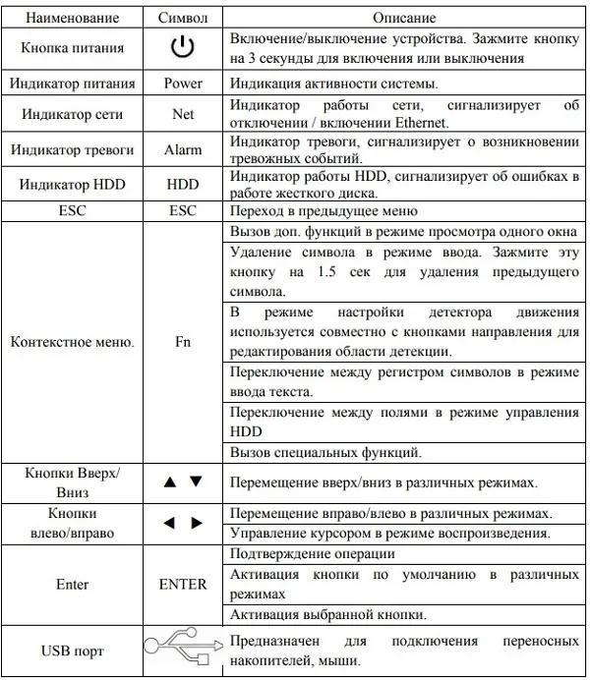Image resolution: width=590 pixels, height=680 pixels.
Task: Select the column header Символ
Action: pos(182,18)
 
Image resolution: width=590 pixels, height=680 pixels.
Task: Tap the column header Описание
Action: pos(405,18)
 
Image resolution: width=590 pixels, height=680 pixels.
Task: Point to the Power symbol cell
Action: pos(183,84)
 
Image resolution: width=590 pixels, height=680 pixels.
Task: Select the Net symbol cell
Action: pos(183,114)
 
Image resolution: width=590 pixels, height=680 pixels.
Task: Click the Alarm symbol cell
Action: pos(183,149)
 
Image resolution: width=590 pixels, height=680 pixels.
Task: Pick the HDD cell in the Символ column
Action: pos(183,184)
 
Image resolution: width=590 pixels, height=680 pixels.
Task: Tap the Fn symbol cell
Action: pos(183,344)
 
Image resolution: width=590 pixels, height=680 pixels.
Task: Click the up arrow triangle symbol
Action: pos(169,482)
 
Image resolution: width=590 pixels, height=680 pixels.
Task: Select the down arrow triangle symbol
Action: pos(196,482)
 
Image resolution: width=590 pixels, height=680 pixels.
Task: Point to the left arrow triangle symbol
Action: pos(169,523)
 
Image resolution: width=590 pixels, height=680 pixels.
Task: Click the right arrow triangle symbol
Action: pos(196,523)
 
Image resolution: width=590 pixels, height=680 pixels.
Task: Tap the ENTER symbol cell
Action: pos(183,584)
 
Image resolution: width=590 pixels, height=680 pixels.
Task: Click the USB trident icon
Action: pos(184,649)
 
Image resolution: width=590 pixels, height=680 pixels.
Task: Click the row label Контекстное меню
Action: pos(73,344)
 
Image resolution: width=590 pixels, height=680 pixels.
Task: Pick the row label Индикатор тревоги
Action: pos(73,149)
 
